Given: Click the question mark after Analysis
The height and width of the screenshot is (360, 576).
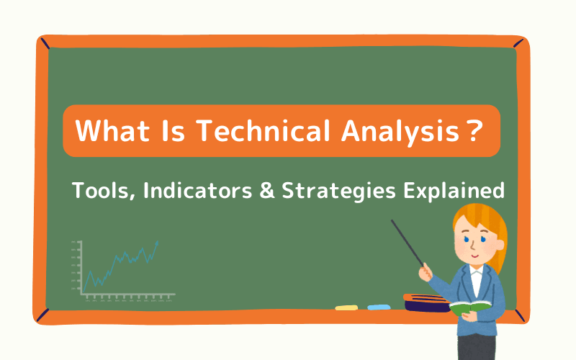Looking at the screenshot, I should coord(473,131).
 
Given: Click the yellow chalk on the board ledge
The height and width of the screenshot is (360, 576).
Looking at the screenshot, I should coord(346,307).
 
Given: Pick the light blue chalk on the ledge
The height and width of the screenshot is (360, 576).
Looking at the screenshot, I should coord(379,307).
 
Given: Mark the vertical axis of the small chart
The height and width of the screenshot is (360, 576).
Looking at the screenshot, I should coord(81,266).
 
